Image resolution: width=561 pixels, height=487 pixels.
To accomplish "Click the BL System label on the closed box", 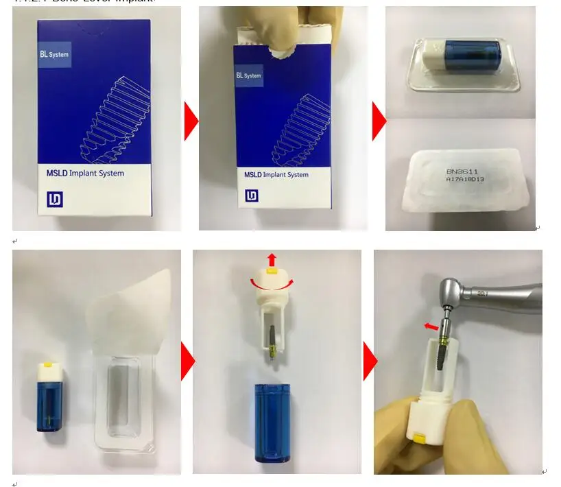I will pyautogui.click(x=54, y=54).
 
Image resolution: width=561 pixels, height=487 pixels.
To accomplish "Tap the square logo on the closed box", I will pyautogui.click(x=55, y=200).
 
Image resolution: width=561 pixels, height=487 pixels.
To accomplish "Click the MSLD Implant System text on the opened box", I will pyautogui.click(x=276, y=175).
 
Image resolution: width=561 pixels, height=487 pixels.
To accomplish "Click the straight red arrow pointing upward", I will pyautogui.click(x=271, y=259).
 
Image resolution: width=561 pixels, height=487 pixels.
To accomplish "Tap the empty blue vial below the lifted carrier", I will pyautogui.click(x=272, y=425).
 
